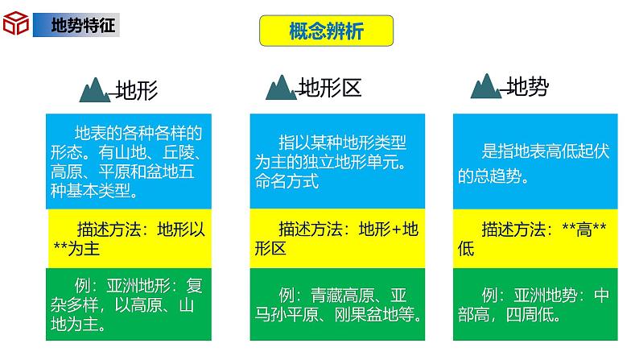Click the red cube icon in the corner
click(x=15, y=24)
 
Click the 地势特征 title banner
click(x=76, y=25)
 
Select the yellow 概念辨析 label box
click(x=325, y=31)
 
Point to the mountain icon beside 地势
click(x=486, y=86)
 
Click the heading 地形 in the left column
click(x=138, y=89)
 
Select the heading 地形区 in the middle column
click(x=330, y=86)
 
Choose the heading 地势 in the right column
click(x=528, y=86)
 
